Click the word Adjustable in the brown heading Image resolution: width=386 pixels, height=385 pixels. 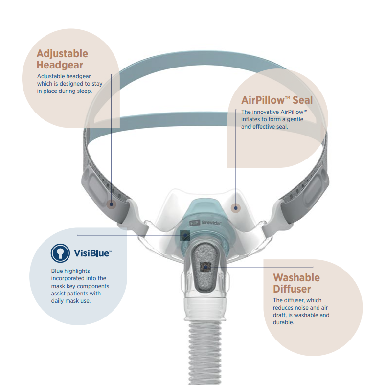(x=62, y=54)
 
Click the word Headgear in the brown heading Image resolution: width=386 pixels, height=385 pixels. (x=60, y=65)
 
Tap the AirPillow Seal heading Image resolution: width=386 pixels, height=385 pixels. (x=277, y=100)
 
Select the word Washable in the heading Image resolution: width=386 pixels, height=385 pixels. (x=296, y=278)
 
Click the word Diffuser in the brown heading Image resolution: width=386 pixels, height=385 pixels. (x=292, y=289)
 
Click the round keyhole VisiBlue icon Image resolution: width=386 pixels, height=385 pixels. (x=60, y=253)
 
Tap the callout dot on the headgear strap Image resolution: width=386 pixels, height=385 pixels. (x=111, y=204)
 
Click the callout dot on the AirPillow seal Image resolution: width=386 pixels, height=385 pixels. (x=236, y=208)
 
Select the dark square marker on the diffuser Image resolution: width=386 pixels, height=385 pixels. (x=205, y=267)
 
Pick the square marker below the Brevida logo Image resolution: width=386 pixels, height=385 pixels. (x=185, y=235)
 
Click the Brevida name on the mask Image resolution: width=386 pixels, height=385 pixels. (x=211, y=223)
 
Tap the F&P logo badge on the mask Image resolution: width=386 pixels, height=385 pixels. (x=195, y=223)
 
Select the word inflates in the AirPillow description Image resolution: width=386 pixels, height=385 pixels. (x=250, y=119)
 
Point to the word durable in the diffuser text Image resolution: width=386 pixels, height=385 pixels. (x=283, y=322)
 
